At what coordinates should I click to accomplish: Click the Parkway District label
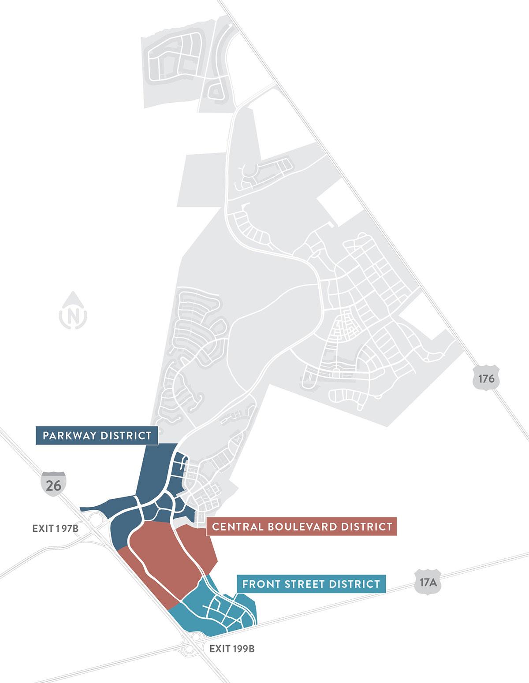(97, 435)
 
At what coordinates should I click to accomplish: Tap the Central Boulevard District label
(302, 527)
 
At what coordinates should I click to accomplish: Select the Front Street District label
(311, 584)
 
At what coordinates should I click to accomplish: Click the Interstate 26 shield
(53, 485)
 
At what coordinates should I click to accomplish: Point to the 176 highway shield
(486, 378)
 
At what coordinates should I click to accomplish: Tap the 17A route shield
(428, 583)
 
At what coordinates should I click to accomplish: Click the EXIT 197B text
(55, 528)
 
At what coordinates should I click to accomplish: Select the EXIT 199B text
(232, 649)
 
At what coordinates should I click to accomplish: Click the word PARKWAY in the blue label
(69, 435)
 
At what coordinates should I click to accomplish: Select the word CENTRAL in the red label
(236, 527)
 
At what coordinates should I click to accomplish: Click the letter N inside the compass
(73, 316)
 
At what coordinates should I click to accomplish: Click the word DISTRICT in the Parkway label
(126, 435)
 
